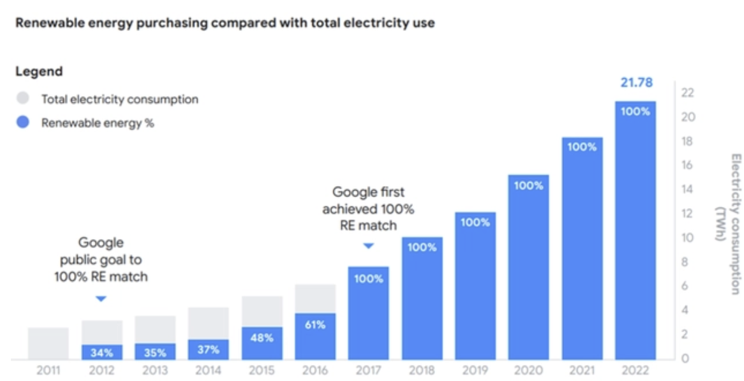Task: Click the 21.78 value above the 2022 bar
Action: coord(636,83)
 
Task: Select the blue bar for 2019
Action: coord(475,287)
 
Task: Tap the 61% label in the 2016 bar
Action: coord(315,325)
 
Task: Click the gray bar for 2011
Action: coord(48,344)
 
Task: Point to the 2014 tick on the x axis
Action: coord(208,370)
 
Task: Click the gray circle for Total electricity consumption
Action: coord(22,98)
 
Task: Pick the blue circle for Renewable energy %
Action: coord(22,122)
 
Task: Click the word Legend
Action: coord(38,72)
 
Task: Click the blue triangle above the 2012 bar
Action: coord(101,298)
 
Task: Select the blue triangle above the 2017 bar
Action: coord(368,246)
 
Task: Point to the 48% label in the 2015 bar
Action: coord(261,338)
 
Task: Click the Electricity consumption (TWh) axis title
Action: coord(727,224)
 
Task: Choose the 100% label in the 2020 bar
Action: coord(529,186)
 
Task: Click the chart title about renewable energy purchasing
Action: coord(225,24)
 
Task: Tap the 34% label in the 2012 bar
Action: coord(102,352)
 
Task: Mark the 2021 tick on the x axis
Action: coord(581,370)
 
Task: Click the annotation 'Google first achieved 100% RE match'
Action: coord(368,209)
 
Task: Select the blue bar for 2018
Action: coord(422,299)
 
